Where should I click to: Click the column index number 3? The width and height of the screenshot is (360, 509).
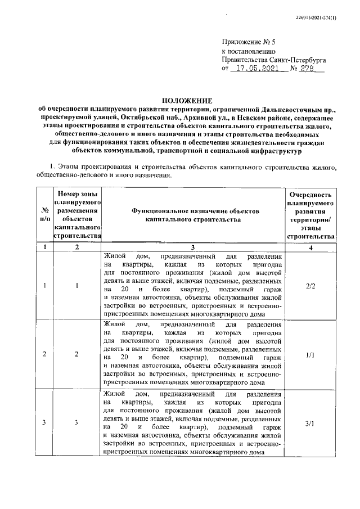pos(192,247)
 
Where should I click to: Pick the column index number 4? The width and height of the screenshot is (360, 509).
pos(310,247)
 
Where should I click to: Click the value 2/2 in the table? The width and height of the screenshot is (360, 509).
pos(310,285)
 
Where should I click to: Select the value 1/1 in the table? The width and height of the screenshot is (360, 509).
pos(310,354)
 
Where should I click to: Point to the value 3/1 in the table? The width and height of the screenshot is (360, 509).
pos(310,423)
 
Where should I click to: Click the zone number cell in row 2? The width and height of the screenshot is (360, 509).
pos(78,354)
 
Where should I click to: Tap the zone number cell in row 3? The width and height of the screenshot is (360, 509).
pos(78,423)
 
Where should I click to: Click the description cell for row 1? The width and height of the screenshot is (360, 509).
pos(192,285)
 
